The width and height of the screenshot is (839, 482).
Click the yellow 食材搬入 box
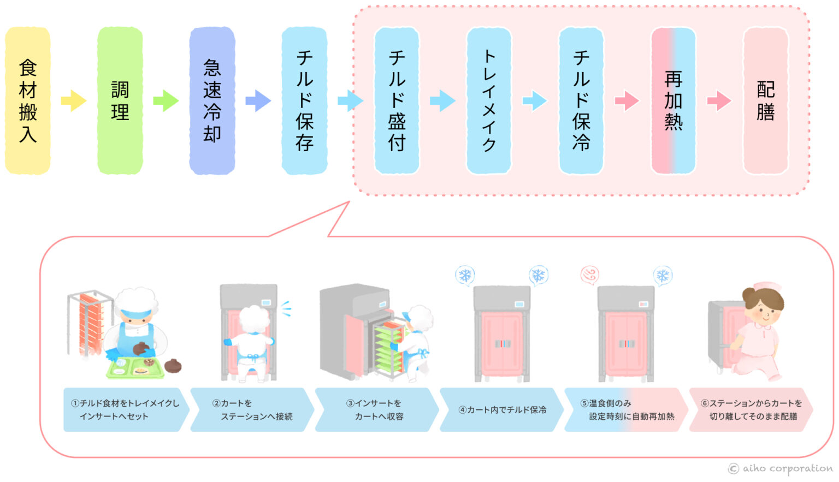28,101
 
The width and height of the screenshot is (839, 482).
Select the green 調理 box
120,101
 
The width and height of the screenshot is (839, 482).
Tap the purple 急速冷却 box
212,101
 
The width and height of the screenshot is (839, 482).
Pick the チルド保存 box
304,101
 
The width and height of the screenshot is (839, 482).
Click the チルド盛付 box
397,101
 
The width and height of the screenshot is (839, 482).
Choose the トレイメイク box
489,101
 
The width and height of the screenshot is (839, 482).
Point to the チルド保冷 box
581,101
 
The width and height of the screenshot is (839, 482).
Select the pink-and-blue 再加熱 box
673,101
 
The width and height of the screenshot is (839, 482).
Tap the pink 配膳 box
766,101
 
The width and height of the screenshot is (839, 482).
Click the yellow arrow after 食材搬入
73,101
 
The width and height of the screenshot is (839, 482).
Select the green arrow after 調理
166,101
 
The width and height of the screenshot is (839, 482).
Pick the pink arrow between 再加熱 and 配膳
719,101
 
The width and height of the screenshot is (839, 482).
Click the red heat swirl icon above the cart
590,274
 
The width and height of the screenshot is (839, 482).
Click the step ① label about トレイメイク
126,410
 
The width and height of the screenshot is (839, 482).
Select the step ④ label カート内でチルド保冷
501,410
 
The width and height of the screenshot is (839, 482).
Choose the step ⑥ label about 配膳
751,410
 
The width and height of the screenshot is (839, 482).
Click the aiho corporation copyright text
781,469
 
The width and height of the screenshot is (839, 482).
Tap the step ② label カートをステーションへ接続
252,410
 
